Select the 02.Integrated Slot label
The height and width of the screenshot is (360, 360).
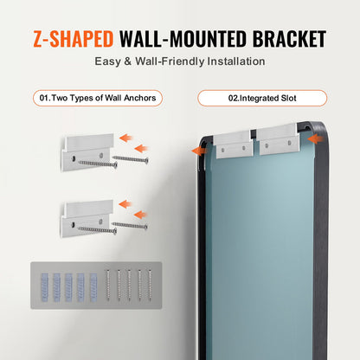point(262,98)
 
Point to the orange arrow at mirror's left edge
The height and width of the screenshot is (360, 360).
point(198,150)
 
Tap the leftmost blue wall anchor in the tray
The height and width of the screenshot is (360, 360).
point(44,293)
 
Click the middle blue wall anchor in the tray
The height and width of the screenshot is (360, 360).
point(67,293)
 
